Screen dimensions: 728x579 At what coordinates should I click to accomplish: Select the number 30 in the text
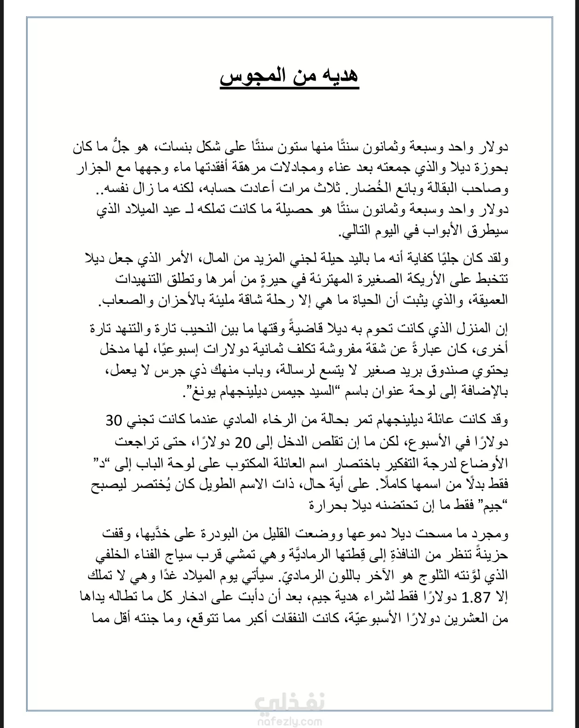tap(114, 420)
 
